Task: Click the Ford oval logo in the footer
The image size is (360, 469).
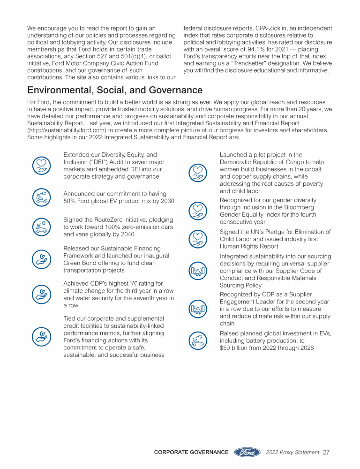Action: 247,452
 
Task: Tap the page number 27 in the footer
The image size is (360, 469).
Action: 326,453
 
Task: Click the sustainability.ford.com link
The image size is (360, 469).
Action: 67,130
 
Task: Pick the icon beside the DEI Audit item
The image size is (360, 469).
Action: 41,165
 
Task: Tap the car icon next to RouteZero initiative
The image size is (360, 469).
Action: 41,227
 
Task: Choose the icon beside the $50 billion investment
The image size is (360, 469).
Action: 198,340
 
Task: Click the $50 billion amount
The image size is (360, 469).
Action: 234,348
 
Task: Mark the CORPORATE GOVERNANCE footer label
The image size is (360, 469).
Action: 191,453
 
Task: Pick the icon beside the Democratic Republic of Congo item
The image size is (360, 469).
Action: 198,173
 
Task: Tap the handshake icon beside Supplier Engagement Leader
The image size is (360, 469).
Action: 198,309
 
